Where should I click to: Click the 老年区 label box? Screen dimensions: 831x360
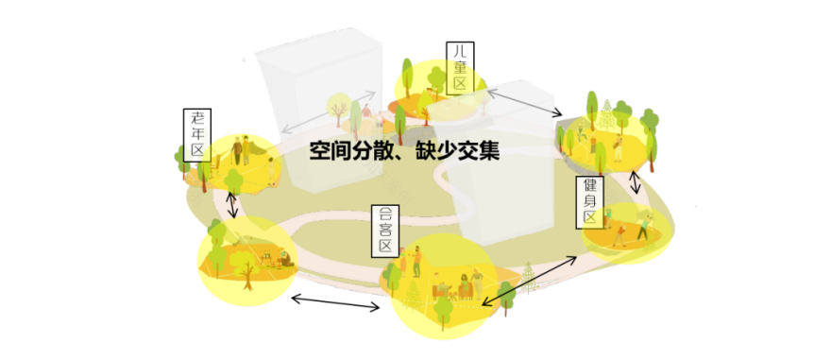coord(198,134)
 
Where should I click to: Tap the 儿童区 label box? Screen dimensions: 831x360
coord(460,67)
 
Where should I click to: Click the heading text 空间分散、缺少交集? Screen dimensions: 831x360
coord(404,150)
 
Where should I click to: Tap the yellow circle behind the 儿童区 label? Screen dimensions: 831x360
coord(436,91)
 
